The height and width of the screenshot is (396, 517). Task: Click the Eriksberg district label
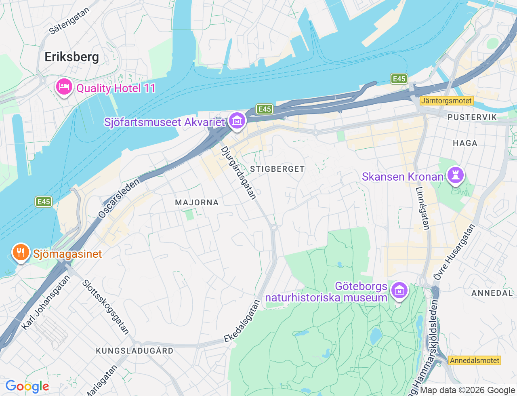(x=71, y=57)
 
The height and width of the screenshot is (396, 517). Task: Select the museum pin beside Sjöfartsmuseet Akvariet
(x=237, y=120)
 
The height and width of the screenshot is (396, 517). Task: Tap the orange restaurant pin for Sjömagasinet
(x=20, y=253)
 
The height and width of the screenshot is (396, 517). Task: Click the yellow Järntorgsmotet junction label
(x=446, y=101)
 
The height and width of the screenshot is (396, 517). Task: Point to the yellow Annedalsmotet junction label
(x=475, y=360)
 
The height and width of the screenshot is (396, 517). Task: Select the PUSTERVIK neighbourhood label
(x=471, y=117)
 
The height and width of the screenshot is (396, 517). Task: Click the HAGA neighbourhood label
(x=465, y=143)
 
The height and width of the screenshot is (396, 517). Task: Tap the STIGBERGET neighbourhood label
(x=277, y=169)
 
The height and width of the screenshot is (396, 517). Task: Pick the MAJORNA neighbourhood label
(x=197, y=202)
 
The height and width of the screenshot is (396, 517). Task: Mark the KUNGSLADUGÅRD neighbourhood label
(x=135, y=351)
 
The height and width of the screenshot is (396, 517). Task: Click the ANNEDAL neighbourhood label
(x=492, y=293)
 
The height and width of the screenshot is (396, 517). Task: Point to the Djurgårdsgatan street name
(x=238, y=173)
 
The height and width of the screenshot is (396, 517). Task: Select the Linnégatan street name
(x=422, y=208)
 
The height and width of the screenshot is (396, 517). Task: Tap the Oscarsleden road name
(x=119, y=198)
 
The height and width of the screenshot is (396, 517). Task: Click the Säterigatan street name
(x=69, y=21)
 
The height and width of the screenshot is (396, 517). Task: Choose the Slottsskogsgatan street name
(x=105, y=307)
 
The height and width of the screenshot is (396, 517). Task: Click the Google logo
(x=27, y=387)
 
